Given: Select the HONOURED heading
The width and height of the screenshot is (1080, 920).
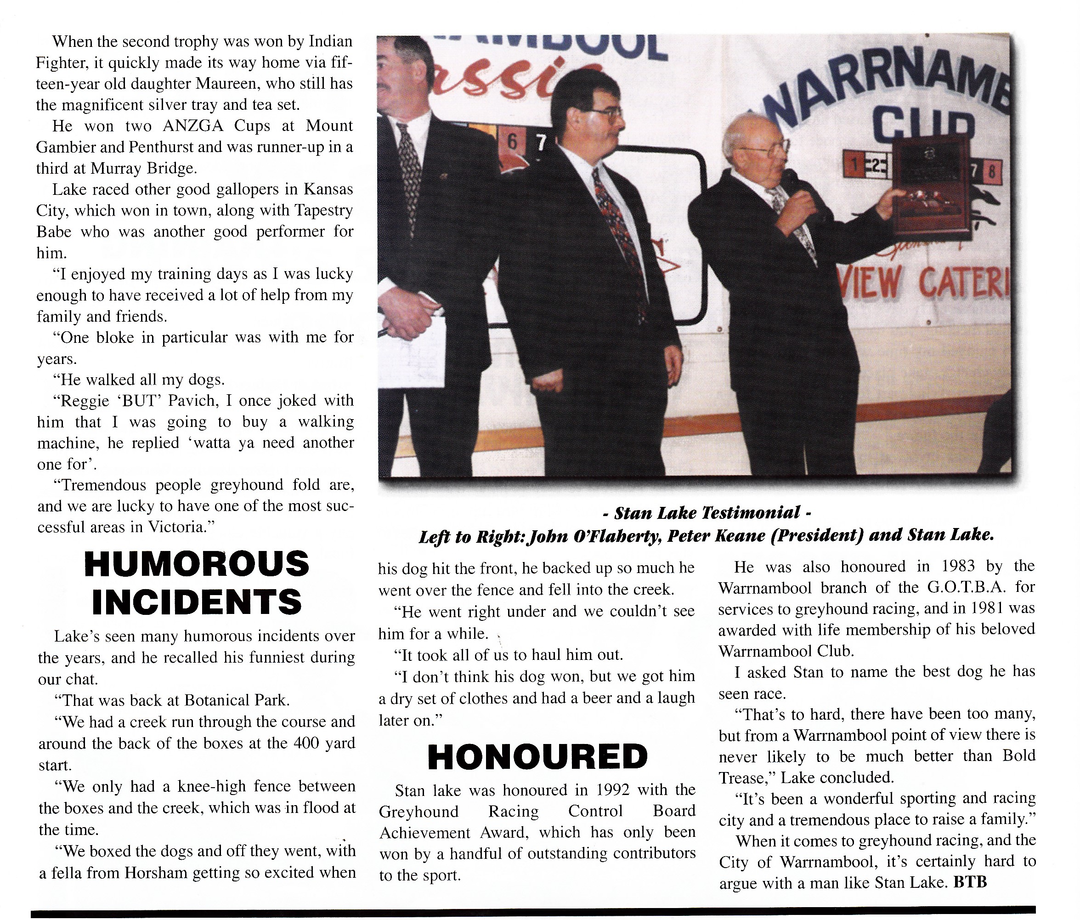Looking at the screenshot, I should [x=537, y=757].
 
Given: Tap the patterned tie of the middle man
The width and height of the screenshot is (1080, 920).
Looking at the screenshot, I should [x=618, y=229].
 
